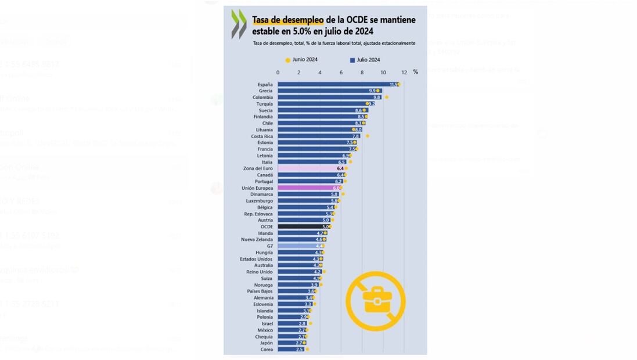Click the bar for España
point(337,84)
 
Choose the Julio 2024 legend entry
point(365,60)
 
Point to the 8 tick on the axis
point(362,73)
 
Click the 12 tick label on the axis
point(404,73)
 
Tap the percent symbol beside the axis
point(415,72)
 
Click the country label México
point(264,330)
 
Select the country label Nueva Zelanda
point(257,239)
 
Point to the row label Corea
point(267,350)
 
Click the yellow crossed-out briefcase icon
point(375,301)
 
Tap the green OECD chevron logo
point(239,24)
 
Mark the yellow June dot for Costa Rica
point(368,136)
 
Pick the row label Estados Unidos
point(256,259)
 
